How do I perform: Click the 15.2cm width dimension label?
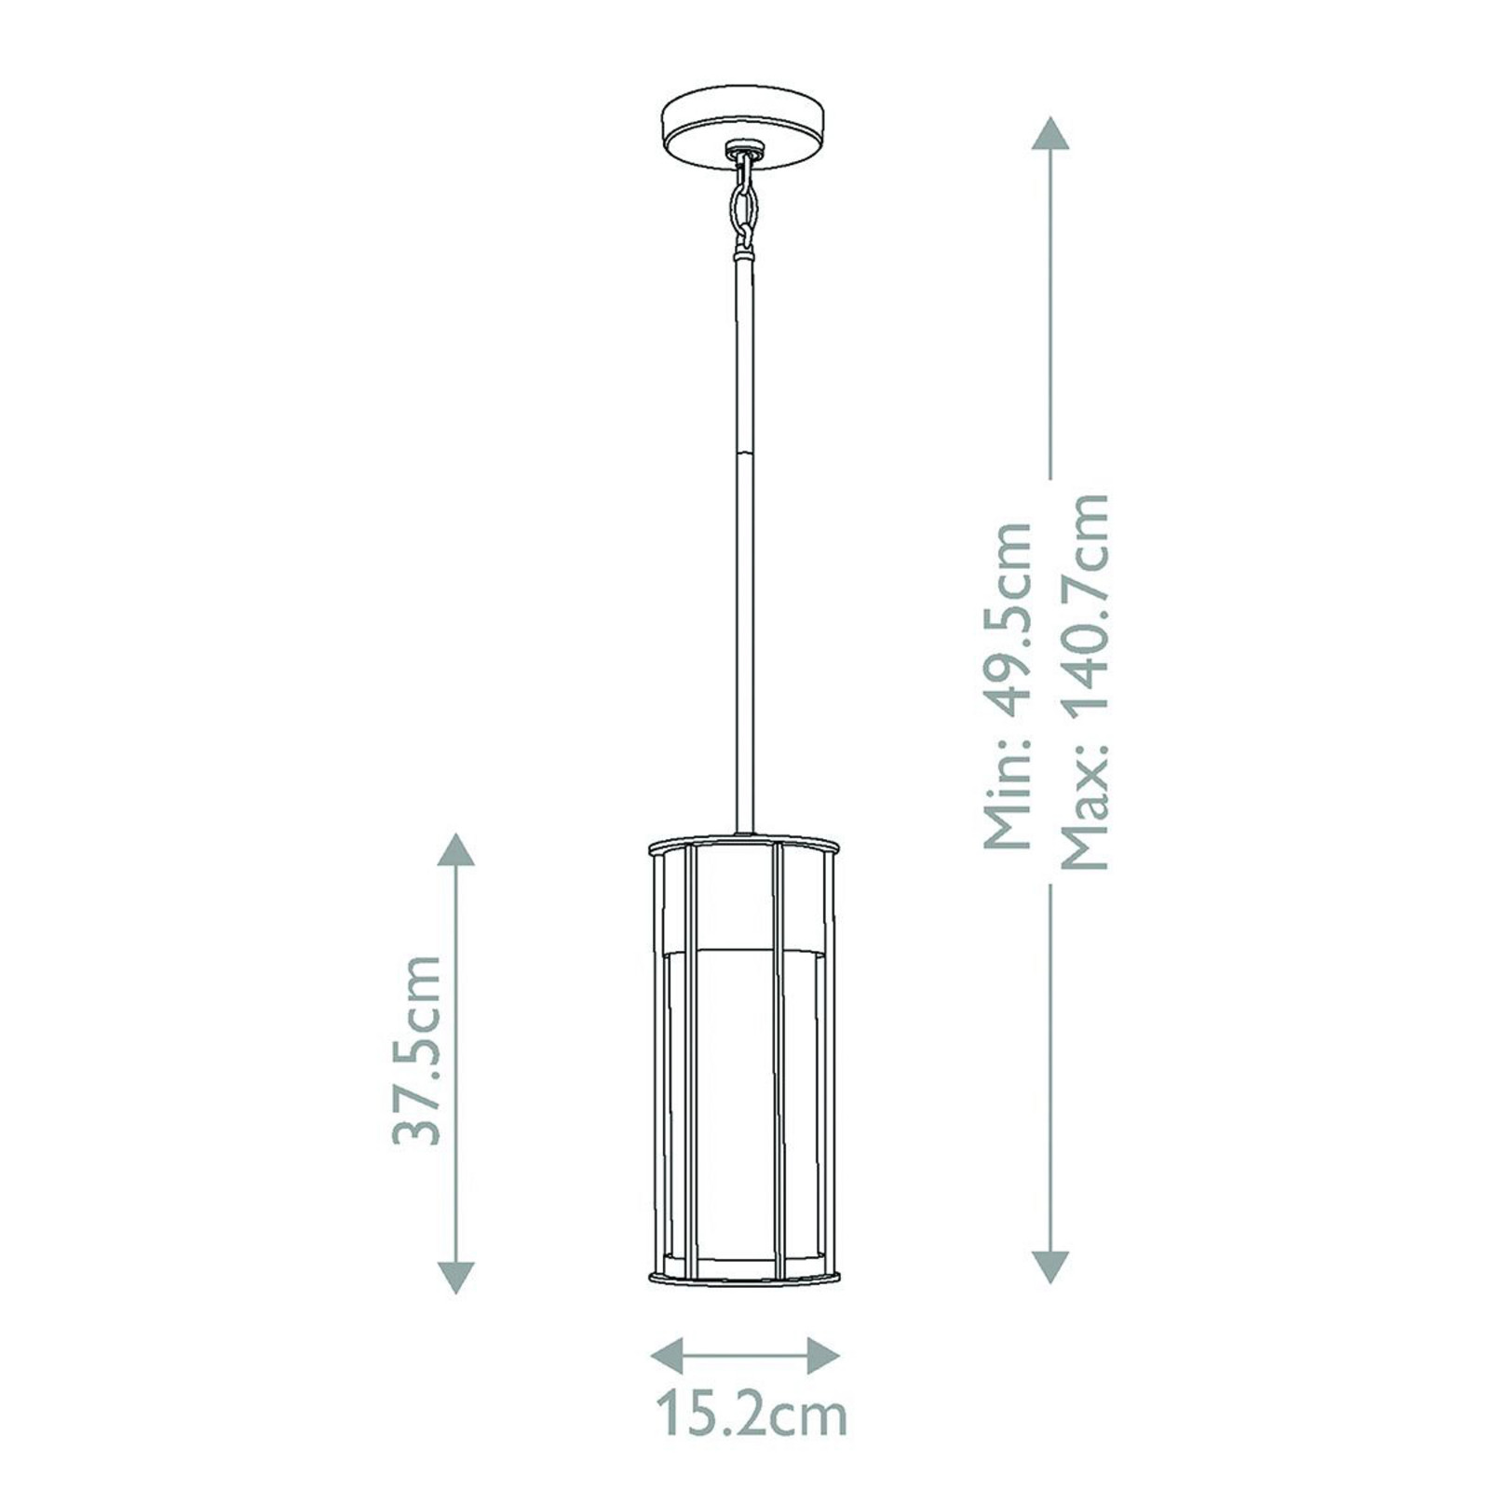coord(751,1415)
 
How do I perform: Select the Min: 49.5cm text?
coord(1009,684)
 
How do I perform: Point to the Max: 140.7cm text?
coord(1086,682)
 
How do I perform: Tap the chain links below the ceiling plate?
coord(743,205)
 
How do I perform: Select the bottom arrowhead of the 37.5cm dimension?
coord(455,1276)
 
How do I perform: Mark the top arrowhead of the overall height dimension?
coord(1050,134)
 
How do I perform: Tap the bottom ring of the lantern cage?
coord(743,1278)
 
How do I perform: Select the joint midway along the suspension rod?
coord(744,454)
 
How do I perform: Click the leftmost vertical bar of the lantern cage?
coord(658,1062)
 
